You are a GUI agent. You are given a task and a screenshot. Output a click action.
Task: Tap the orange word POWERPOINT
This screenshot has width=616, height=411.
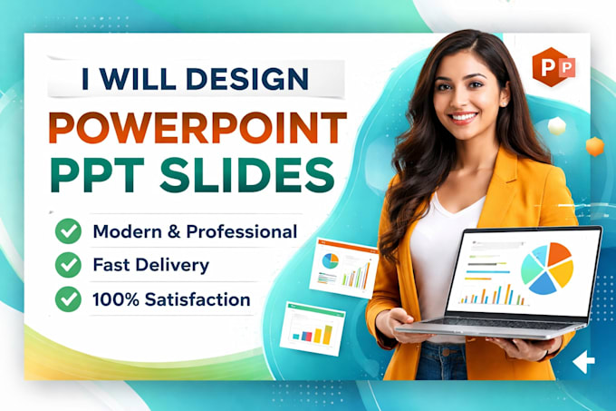(197, 128)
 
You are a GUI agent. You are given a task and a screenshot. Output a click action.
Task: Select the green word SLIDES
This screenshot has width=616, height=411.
(247, 175)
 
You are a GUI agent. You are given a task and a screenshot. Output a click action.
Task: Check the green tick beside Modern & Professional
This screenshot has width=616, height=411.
(68, 230)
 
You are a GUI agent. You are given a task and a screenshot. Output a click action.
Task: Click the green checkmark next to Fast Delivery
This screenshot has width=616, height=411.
(68, 265)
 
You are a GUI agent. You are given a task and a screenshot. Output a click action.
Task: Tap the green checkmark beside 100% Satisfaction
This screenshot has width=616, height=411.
(68, 298)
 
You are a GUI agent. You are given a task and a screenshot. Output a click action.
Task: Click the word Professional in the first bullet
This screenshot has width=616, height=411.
(242, 231)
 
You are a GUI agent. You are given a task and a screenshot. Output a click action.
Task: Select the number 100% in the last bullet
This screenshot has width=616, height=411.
(116, 299)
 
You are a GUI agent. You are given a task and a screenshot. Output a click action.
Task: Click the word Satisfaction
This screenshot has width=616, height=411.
(197, 299)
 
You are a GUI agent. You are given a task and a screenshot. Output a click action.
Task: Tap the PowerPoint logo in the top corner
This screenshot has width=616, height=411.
(553, 67)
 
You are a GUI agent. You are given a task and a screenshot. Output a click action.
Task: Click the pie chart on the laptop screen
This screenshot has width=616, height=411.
(547, 269)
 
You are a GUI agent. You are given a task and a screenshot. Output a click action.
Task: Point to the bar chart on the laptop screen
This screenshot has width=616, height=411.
(492, 294)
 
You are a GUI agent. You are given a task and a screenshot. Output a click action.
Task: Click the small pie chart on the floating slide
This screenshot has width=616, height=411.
(331, 260)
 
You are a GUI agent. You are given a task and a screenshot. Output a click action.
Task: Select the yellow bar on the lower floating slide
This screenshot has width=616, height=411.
(327, 335)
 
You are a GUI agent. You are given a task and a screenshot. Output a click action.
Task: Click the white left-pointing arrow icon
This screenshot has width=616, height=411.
(583, 361)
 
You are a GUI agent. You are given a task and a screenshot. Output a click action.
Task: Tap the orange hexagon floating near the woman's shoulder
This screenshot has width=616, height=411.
(595, 146)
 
